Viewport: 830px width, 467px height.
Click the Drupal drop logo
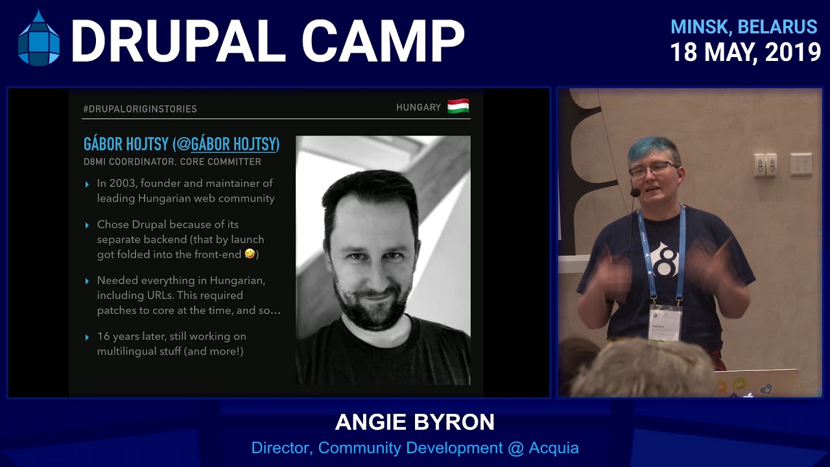click(x=39, y=39)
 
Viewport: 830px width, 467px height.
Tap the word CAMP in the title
click(x=383, y=41)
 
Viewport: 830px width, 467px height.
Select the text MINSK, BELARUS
click(x=743, y=27)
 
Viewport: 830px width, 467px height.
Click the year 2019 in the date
click(x=792, y=53)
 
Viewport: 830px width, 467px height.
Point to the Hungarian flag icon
click(x=458, y=107)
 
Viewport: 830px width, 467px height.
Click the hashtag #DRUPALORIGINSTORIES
click(x=140, y=109)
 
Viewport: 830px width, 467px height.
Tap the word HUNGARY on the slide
click(x=418, y=108)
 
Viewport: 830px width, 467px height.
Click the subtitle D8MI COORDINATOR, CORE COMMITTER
click(x=172, y=162)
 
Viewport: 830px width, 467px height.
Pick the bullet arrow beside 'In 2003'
click(x=88, y=185)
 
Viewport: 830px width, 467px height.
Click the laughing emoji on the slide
click(x=250, y=254)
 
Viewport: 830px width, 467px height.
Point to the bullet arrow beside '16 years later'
click(x=88, y=337)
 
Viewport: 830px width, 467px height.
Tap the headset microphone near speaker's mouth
click(x=635, y=193)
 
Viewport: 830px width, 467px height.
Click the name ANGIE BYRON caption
click(x=415, y=423)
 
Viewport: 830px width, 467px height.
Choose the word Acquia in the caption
click(x=554, y=448)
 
